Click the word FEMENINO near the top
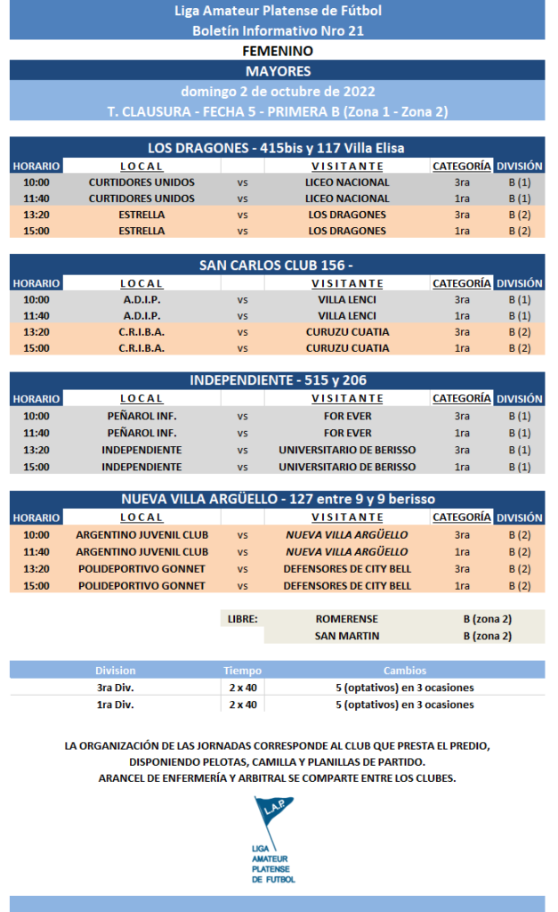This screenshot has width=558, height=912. [x=278, y=51]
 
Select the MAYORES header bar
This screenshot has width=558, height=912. [x=278, y=71]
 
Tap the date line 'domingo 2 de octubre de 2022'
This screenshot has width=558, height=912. [x=278, y=91]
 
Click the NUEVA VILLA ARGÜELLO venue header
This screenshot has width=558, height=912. [x=278, y=499]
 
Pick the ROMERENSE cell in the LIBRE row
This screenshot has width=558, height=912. [x=346, y=618]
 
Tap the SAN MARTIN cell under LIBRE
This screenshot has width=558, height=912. [x=346, y=635]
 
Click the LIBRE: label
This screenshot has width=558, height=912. [x=241, y=618]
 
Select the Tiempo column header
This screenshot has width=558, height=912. [x=242, y=671]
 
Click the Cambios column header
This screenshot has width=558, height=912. [x=404, y=671]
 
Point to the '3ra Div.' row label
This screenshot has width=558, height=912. [x=116, y=688]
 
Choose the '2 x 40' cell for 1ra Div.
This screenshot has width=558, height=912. [x=242, y=704]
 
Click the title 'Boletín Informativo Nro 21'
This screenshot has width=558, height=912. [x=278, y=30]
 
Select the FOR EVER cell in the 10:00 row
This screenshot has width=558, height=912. [x=347, y=416]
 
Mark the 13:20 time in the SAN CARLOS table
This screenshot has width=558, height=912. [x=36, y=332]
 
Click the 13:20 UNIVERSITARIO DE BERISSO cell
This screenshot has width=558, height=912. [x=347, y=450]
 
